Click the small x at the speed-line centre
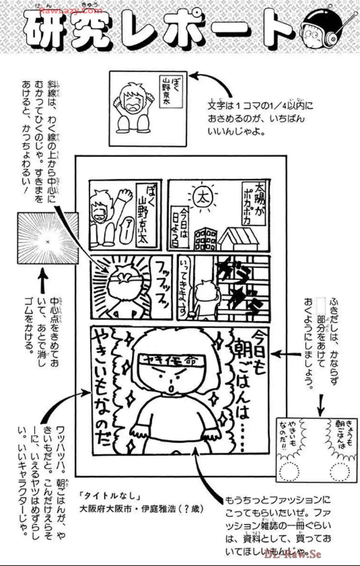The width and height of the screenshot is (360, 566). coord(47,242)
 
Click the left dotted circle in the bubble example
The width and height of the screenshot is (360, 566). coord(289,471)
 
